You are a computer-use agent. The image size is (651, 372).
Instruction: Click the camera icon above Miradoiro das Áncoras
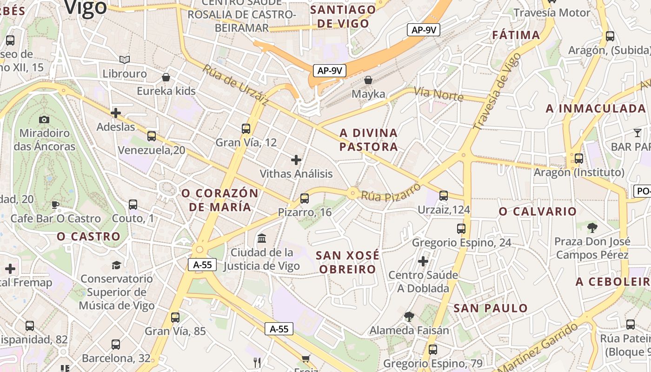(44, 120)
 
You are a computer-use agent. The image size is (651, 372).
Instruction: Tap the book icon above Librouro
(124, 60)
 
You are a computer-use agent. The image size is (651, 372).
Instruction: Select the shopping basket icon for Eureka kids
(166, 77)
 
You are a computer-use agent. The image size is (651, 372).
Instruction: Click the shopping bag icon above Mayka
(368, 80)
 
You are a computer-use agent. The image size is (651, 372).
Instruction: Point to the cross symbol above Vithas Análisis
(296, 160)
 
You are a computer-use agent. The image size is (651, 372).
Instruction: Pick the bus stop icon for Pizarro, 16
(305, 199)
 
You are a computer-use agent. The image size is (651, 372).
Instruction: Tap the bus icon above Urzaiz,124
(444, 196)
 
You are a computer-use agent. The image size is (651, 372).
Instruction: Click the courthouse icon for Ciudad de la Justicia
(262, 239)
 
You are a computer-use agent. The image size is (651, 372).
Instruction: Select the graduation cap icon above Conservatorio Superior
(116, 265)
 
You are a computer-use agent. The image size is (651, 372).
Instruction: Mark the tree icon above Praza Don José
(592, 227)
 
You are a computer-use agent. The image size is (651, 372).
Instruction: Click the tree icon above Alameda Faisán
(409, 317)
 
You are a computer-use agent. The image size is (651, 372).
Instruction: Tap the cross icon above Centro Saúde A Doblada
(423, 261)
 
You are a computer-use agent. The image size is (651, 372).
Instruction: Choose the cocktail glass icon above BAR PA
(637, 133)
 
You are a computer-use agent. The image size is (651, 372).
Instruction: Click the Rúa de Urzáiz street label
(235, 85)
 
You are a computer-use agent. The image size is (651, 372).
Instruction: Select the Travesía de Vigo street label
(497, 91)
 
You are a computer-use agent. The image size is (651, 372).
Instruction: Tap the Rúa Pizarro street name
(391, 192)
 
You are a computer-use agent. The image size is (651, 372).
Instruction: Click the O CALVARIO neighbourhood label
(538, 212)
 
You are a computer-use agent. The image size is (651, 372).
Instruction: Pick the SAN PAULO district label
(491, 308)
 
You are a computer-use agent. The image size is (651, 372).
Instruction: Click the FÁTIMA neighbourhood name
(516, 35)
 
